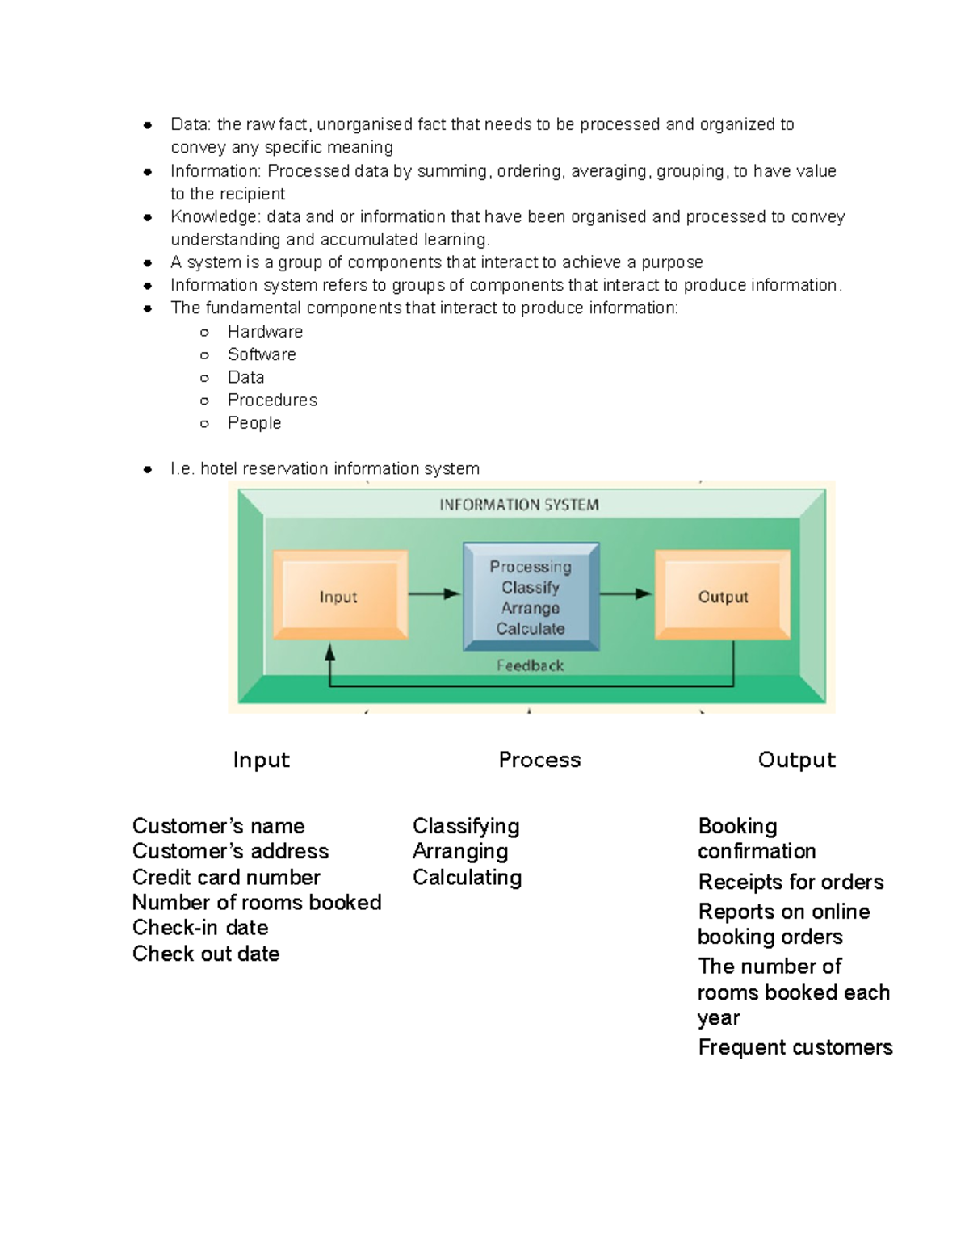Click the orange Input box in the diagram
coord(339,596)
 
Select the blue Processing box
coord(531,597)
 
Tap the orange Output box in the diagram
coord(723,596)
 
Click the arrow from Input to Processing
coord(434,594)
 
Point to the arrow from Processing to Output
coord(626,594)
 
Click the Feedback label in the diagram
coord(530,665)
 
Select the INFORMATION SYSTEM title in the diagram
coord(519,505)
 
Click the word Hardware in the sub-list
coord(265,332)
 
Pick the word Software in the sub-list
coord(262,354)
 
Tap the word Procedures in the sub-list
coord(272,400)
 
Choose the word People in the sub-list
coord(254,423)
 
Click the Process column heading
coord(539,760)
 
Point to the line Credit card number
coord(226,877)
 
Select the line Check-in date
coord(200,928)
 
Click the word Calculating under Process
coord(467,877)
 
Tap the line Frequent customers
coord(795,1047)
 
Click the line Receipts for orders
coord(791,882)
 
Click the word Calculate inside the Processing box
coord(531,629)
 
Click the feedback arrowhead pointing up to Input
coord(329,652)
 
